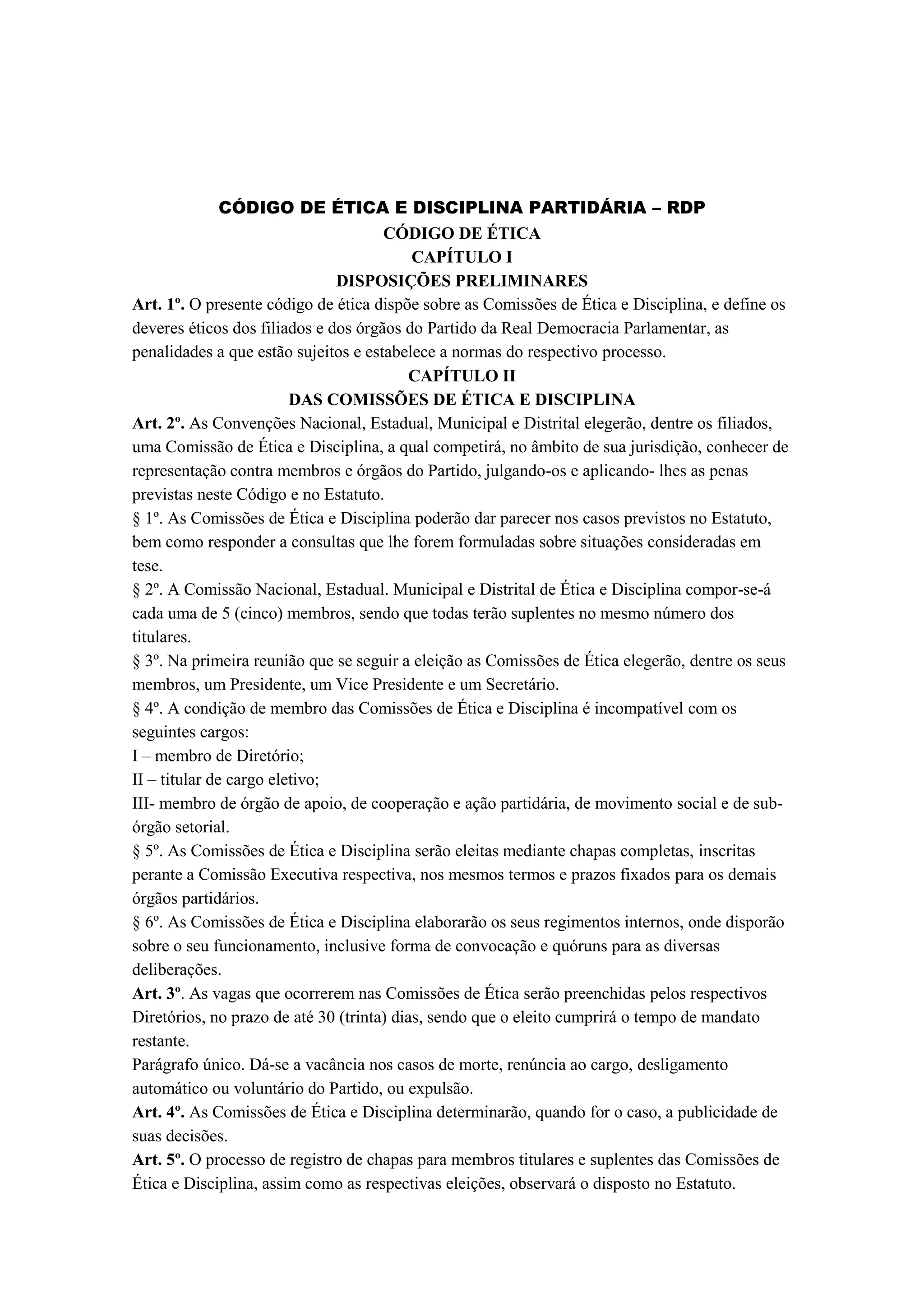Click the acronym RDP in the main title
click(x=686, y=208)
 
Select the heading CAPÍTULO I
click(x=462, y=257)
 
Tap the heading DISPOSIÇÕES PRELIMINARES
click(x=462, y=281)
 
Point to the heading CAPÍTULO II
click(x=462, y=376)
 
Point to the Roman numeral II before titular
click(x=139, y=780)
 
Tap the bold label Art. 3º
click(x=157, y=994)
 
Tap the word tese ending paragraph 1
click(x=147, y=566)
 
